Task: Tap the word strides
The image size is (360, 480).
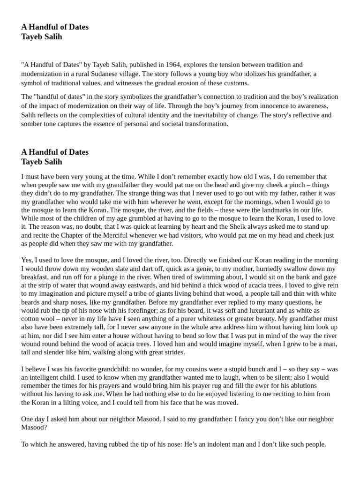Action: [x=173, y=352]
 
